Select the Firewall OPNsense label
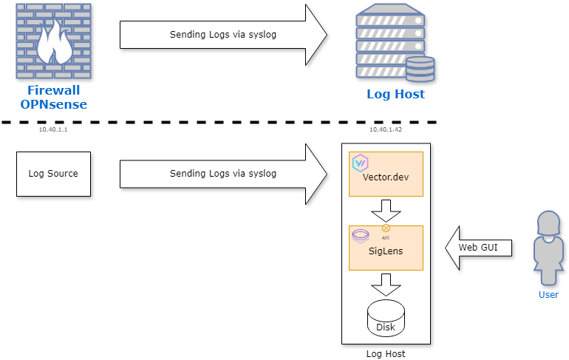(53, 97)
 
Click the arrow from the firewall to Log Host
(222, 35)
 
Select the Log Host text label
(396, 95)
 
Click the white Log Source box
(53, 174)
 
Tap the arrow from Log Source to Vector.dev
(222, 174)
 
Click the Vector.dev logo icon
(361, 163)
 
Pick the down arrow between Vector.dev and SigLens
(386, 211)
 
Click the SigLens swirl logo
(361, 236)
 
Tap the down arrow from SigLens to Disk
(386, 284)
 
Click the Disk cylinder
(386, 318)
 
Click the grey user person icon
(548, 248)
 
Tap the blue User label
(548, 295)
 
